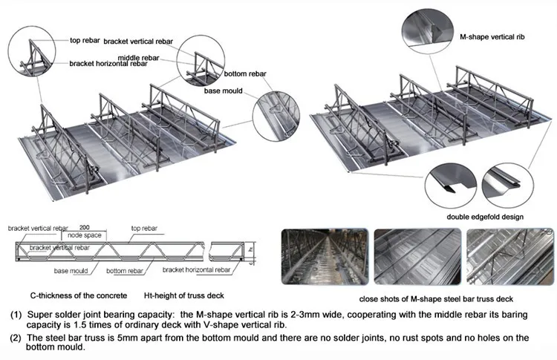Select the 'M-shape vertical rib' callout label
pos(490,36)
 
